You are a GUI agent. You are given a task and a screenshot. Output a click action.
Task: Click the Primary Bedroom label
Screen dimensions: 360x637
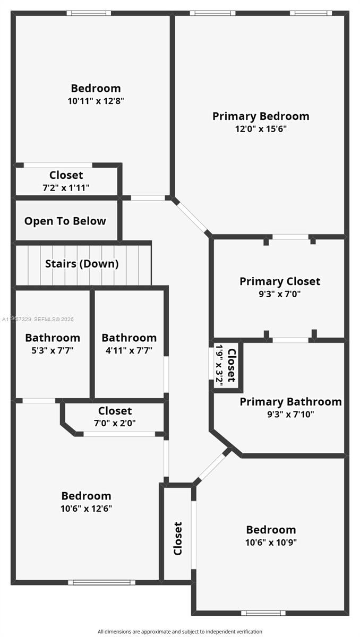(x=261, y=116)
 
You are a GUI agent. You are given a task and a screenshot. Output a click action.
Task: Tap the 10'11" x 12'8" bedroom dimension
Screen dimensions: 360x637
(x=96, y=101)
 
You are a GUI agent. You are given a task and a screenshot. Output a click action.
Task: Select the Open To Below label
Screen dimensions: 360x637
(x=65, y=221)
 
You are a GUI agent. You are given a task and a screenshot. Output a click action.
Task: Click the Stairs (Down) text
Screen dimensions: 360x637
(x=82, y=264)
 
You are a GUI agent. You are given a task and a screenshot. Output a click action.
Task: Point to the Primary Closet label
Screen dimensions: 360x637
(x=280, y=281)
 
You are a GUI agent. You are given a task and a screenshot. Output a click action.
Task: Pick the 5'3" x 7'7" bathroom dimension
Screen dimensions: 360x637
(x=53, y=350)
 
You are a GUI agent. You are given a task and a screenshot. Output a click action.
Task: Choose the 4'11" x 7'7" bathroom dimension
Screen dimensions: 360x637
(x=129, y=350)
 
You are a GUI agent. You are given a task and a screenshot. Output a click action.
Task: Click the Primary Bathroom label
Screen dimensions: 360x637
(x=290, y=402)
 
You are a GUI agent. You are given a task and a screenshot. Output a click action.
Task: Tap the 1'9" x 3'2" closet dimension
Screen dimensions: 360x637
(x=219, y=365)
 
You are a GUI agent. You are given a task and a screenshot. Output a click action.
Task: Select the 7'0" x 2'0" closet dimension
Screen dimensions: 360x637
(x=115, y=423)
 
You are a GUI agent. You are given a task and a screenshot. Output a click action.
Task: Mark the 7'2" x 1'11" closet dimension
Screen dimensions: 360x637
(x=66, y=188)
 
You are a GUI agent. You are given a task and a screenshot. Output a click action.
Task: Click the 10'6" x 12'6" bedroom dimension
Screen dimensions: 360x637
(x=86, y=509)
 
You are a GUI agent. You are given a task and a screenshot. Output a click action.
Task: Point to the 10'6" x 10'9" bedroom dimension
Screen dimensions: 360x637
(x=271, y=543)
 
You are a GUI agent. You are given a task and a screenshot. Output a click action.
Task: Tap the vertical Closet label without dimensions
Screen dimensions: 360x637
(x=178, y=539)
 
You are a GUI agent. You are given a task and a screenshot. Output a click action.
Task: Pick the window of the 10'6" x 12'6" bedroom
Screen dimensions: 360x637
(x=101, y=582)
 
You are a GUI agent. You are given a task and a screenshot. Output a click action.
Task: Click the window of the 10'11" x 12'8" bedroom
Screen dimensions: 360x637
(x=89, y=13)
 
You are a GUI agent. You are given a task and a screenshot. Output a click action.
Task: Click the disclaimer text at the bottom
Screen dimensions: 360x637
(x=179, y=632)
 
